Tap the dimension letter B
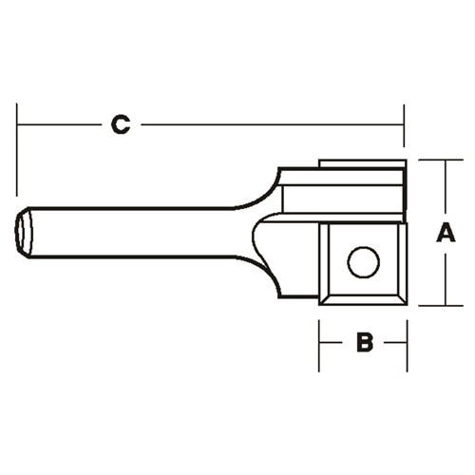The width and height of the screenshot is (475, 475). pyautogui.click(x=363, y=343)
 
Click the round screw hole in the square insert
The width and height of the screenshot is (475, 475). pyautogui.click(x=363, y=261)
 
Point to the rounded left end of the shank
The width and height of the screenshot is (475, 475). pyautogui.click(x=24, y=233)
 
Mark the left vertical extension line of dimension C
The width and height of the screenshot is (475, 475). pyautogui.click(x=17, y=142)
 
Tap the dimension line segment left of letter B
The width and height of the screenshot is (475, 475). pyautogui.click(x=332, y=343)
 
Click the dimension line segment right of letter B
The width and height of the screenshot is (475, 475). pyautogui.click(x=392, y=343)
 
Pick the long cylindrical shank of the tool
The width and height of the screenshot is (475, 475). pyautogui.click(x=133, y=233)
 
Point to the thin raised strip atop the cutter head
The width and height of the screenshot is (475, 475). pyautogui.click(x=361, y=165)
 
